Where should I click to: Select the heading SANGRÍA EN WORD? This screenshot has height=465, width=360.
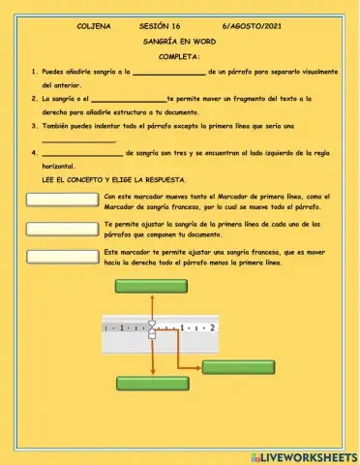tap(179, 44)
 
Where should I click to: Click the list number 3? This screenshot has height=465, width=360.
tap(35, 126)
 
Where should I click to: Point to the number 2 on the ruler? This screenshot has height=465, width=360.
tap(211, 328)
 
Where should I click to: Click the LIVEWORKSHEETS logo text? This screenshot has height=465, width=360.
tap(310, 455)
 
